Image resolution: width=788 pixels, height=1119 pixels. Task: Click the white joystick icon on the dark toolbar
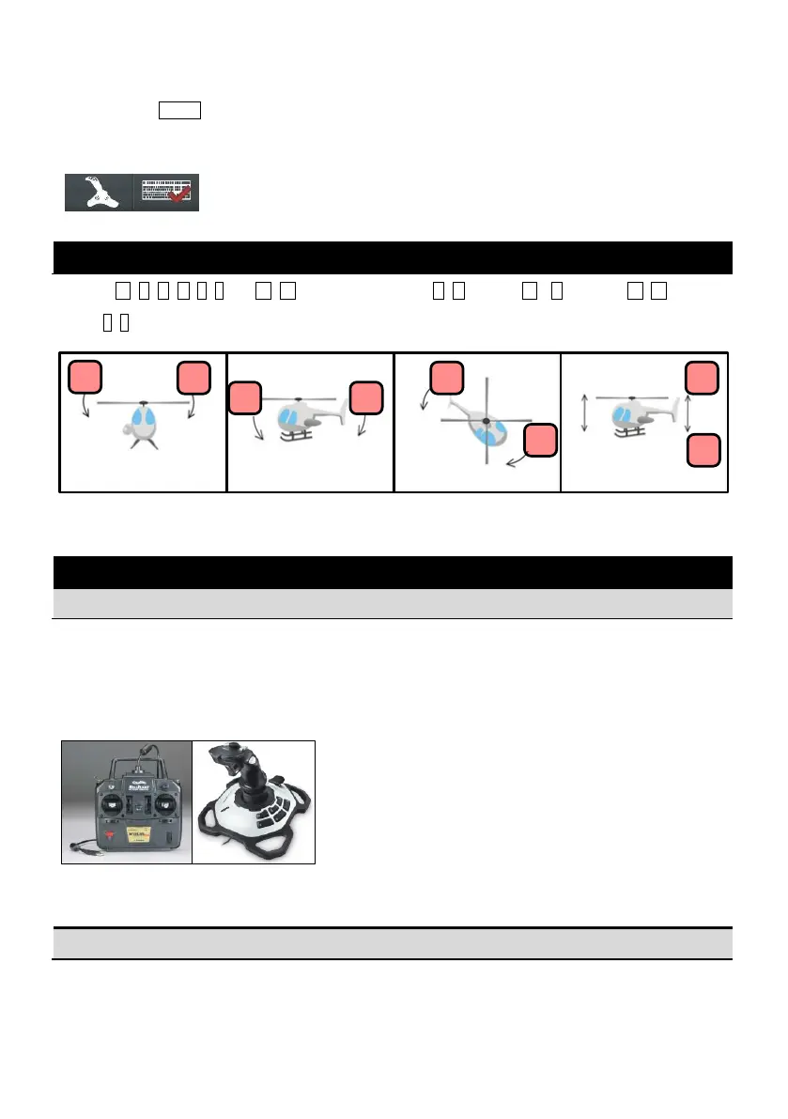click(x=99, y=193)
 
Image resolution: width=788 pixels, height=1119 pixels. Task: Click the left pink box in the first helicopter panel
click(x=85, y=378)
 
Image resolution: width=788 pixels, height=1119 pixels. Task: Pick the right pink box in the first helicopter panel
click(x=194, y=378)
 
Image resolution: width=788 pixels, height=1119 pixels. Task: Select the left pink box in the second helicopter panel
click(x=246, y=397)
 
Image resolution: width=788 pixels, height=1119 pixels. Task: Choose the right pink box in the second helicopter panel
click(x=365, y=397)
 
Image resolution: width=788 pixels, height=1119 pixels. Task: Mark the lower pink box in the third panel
click(x=541, y=442)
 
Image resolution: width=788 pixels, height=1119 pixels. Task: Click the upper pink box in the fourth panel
click(x=703, y=378)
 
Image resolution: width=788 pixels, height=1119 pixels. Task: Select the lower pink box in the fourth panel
click(x=703, y=451)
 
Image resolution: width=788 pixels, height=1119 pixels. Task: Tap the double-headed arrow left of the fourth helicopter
click(x=585, y=414)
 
